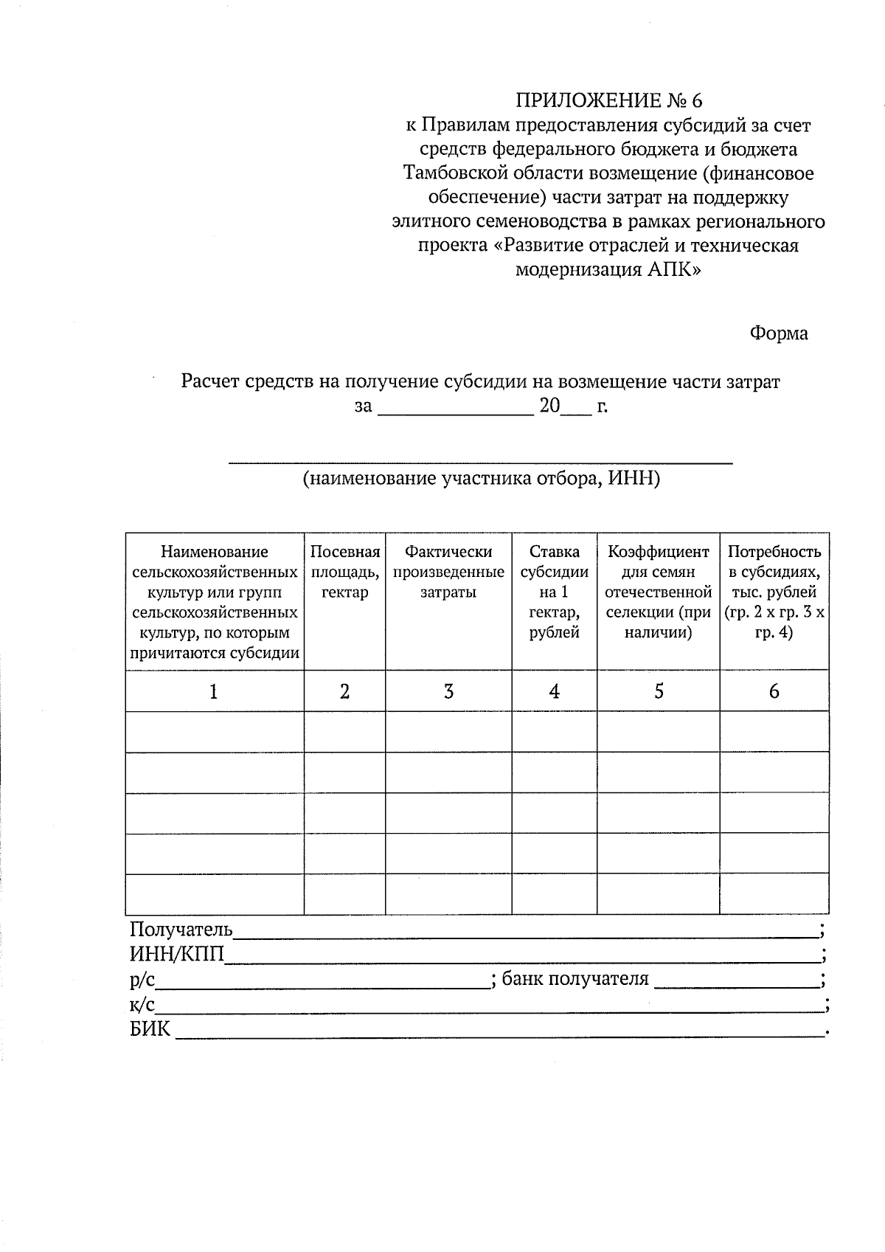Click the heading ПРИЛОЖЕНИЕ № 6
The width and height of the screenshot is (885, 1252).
[609, 100]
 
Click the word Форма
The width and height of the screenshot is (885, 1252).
[779, 333]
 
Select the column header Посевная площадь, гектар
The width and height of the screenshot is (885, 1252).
[344, 572]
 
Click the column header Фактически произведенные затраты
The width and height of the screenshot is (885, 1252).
[448, 572]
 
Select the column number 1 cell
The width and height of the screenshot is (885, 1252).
[214, 691]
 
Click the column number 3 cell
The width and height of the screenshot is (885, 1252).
[448, 691]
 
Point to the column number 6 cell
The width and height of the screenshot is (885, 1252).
[774, 691]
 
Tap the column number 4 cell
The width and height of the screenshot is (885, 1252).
[555, 691]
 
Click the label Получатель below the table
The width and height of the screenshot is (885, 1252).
[181, 930]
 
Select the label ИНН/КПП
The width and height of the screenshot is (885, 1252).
[176, 955]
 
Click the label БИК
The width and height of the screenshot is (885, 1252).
[150, 1029]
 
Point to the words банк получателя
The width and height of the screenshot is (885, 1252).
[575, 979]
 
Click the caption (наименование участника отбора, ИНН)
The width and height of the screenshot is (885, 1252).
[481, 479]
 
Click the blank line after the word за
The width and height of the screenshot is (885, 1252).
[455, 407]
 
